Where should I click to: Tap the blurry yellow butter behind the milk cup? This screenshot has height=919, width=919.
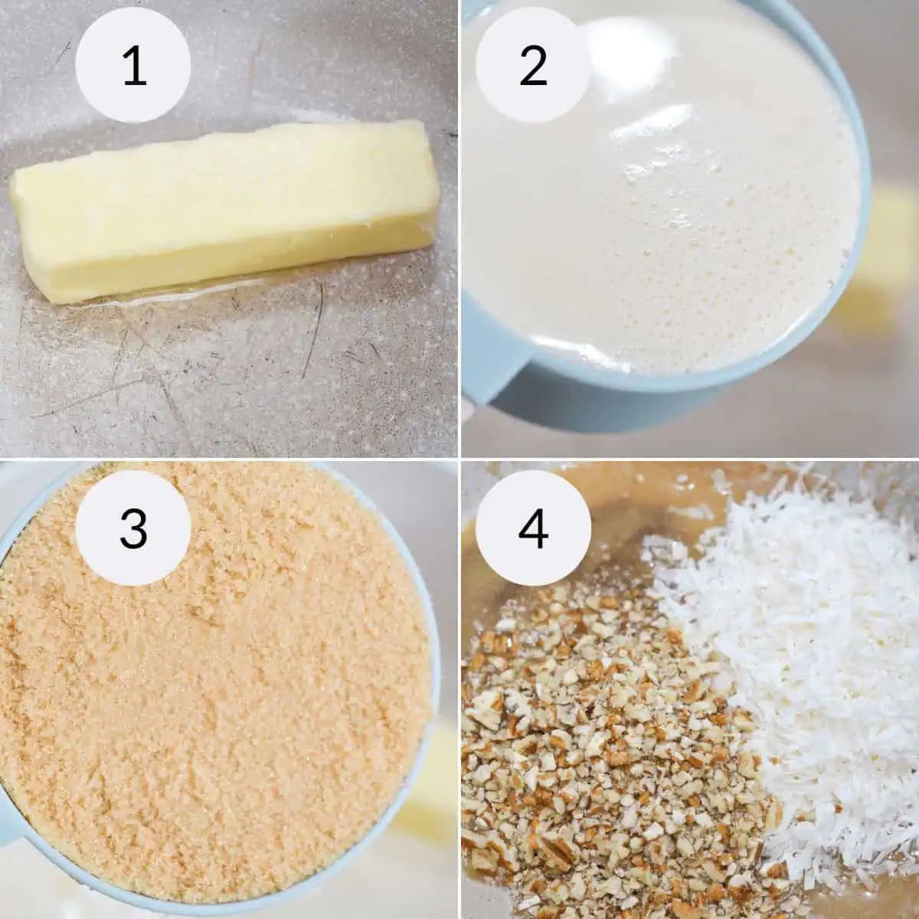pos(888,245)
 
